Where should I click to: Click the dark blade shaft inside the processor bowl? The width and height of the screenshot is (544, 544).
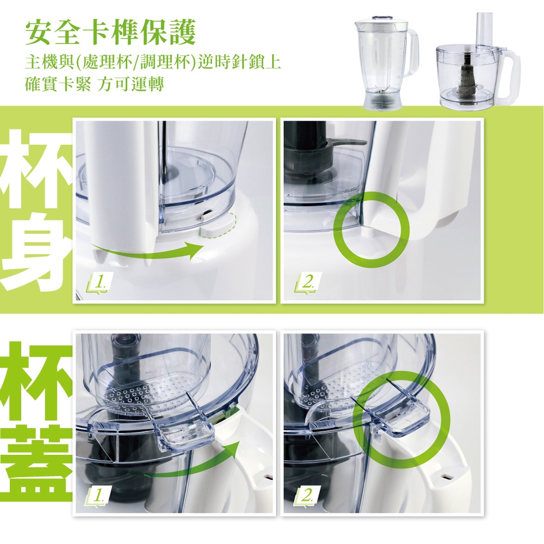(x=466, y=76)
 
